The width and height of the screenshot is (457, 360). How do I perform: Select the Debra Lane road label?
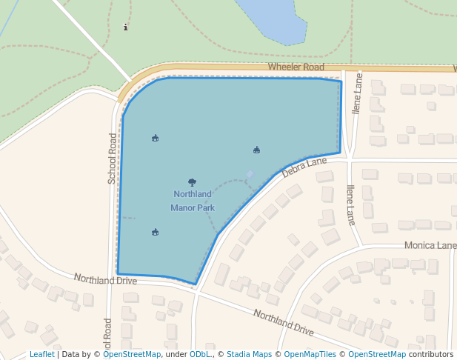coord(304,167)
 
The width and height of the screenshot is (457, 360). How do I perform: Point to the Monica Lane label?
coord(430,245)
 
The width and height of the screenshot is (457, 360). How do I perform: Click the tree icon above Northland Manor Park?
coord(193,181)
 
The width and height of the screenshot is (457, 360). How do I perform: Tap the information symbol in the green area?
coord(125,27)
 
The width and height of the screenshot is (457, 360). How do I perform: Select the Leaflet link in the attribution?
coord(42,354)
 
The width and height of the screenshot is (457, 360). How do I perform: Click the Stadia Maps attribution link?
coord(249,354)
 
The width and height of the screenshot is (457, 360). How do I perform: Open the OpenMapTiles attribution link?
coord(310,354)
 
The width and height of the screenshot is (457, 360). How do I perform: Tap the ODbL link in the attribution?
coord(200,354)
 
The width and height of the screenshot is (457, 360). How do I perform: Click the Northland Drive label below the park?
coord(105,279)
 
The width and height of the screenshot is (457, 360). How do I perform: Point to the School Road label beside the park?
coord(113,158)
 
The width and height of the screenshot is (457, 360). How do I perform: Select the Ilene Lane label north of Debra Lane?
coord(358,93)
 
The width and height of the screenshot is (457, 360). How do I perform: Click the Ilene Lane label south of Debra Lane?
coord(350,204)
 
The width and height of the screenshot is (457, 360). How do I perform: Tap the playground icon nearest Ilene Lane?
coord(256,150)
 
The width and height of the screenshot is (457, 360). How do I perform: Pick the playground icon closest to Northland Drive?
coord(155,232)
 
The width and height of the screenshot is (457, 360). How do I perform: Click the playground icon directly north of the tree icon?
coord(155,138)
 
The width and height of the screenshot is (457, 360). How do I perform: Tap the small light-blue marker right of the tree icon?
coord(250,175)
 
